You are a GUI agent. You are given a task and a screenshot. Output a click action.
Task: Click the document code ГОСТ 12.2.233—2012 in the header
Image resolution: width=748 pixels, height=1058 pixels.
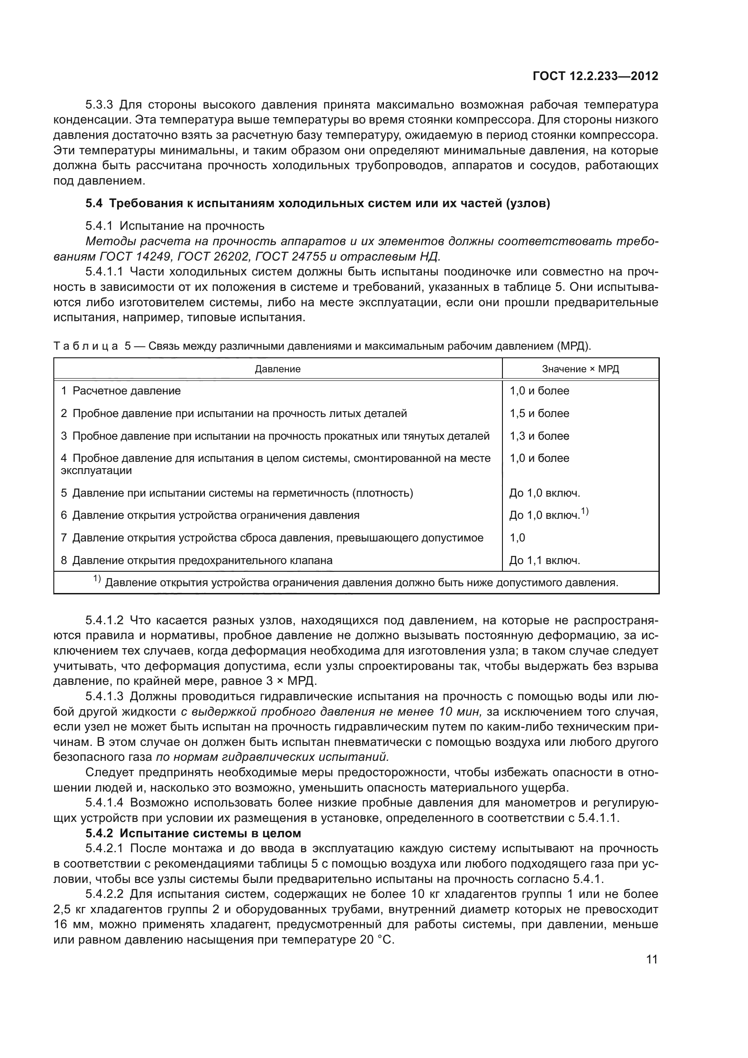[x=595, y=76]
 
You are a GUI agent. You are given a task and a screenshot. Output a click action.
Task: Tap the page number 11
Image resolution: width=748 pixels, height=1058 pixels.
[x=652, y=960]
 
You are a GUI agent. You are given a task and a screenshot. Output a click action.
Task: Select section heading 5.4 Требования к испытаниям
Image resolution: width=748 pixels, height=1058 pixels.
[x=318, y=204]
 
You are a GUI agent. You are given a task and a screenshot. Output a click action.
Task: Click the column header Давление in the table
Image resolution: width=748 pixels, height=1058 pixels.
[x=278, y=369]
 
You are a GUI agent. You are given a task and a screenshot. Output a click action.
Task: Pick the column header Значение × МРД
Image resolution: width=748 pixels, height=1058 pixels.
[x=580, y=369]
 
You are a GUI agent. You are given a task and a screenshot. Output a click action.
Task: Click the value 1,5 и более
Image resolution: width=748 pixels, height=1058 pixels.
[x=540, y=413]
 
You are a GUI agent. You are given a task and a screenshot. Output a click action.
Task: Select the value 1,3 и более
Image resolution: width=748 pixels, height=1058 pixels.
[x=540, y=436]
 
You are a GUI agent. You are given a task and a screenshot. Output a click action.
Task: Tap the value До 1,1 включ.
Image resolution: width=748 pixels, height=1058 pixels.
[x=544, y=560]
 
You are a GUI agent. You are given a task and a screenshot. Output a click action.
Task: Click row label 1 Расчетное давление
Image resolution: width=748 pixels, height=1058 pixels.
[x=121, y=391]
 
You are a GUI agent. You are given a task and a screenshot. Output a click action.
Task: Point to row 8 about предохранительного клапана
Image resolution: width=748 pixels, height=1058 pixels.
[x=197, y=560]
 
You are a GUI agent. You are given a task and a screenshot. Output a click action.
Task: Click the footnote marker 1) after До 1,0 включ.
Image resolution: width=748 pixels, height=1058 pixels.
[x=585, y=511]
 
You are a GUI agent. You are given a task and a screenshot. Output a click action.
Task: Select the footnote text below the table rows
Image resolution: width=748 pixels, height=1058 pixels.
[x=355, y=583]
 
